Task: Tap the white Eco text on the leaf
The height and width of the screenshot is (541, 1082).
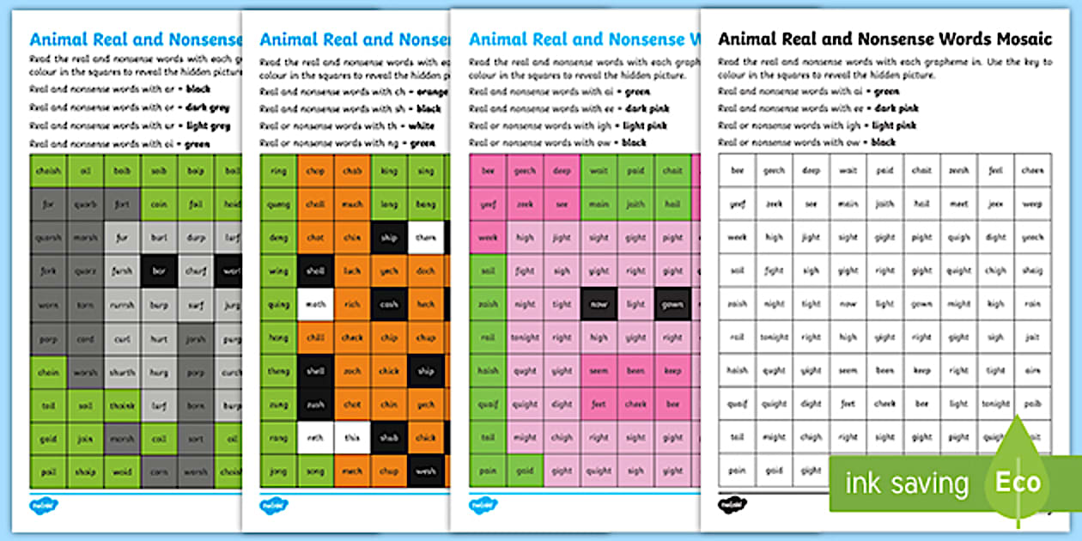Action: (1018, 482)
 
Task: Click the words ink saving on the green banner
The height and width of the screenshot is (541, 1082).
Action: (908, 483)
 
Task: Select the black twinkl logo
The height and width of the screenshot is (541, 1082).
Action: (732, 503)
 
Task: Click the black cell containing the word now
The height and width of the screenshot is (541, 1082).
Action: (599, 304)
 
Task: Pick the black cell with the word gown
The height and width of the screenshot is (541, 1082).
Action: (672, 304)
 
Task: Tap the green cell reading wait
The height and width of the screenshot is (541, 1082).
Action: (599, 171)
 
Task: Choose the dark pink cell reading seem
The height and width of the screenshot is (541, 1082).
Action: (599, 371)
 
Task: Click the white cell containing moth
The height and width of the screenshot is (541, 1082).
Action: (316, 304)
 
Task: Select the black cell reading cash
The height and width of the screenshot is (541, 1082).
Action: (390, 304)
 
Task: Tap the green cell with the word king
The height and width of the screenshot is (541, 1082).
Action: (390, 171)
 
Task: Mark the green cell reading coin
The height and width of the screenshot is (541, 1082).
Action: (160, 204)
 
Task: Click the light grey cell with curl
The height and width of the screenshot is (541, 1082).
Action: (123, 337)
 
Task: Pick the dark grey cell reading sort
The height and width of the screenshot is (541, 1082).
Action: (123, 204)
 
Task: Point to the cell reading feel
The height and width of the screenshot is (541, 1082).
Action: (995, 171)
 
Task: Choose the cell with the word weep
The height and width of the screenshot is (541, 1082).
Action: (1032, 204)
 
